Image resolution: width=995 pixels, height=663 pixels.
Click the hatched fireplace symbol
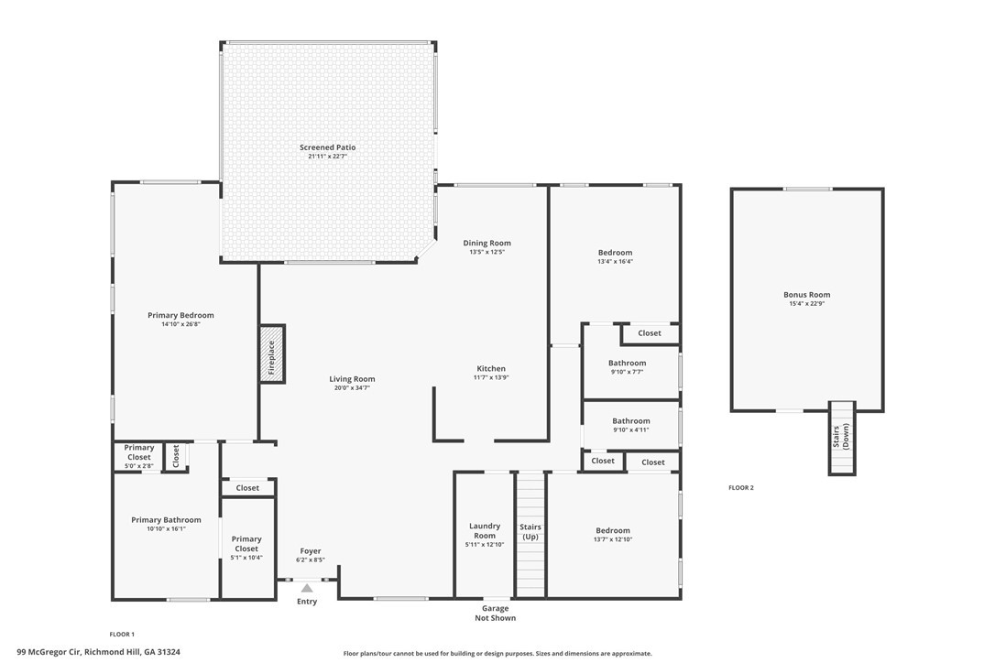pos(272,354)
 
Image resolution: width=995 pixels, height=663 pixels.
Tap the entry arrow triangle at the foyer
pos(307,588)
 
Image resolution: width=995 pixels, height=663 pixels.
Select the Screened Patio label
pos(327,147)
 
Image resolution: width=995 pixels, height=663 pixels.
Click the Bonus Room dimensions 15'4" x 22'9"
pos(806,303)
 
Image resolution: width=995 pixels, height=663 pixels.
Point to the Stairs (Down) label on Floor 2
pos(841,437)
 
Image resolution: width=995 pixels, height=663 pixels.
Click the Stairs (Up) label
pos(530,532)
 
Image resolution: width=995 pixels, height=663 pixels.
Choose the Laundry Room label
pos(485,530)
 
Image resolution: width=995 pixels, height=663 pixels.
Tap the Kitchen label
pos(491,369)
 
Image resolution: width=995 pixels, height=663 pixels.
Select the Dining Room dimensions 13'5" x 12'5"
pos(487,252)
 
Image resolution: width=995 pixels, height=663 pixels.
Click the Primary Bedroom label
pos(180,315)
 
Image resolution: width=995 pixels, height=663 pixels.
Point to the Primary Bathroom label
pos(166,519)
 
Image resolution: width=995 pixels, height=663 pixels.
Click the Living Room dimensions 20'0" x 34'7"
pos(352,387)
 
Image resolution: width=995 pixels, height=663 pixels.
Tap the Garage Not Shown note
pos(496,613)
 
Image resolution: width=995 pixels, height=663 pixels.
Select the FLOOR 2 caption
pos(741,488)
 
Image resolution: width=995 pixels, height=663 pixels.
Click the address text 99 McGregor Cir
pos(49,652)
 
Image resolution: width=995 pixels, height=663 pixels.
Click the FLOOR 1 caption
pos(122,635)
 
